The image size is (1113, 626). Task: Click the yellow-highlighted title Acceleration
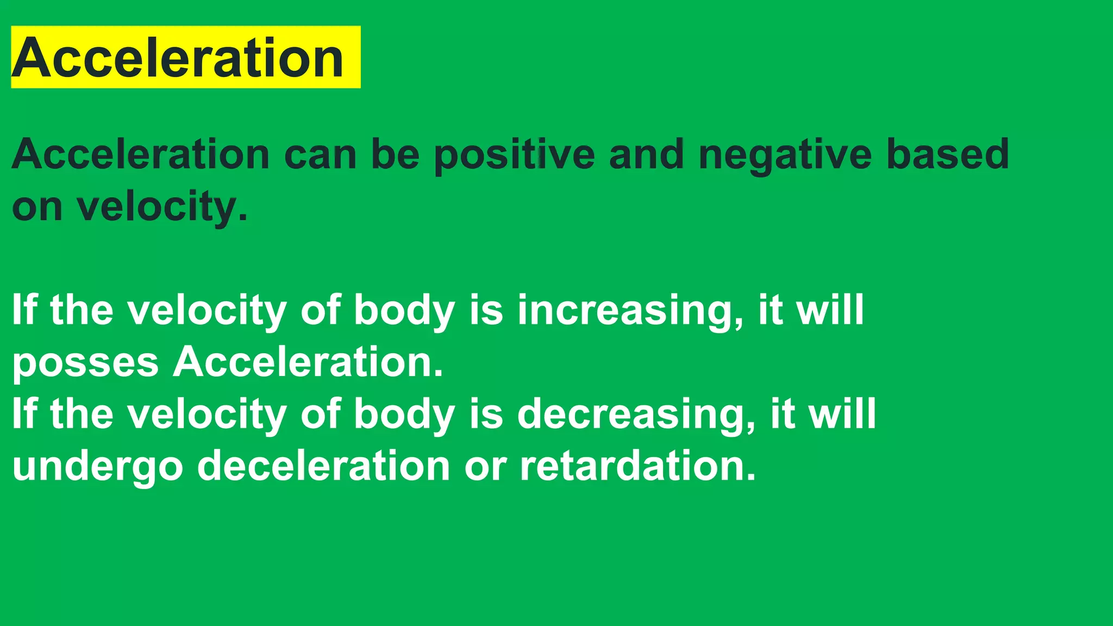[x=178, y=58]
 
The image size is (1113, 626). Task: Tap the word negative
[x=785, y=155]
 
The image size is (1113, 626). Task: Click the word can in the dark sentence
[x=320, y=155]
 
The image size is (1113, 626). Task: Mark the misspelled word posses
[x=85, y=362]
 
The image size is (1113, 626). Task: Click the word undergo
[x=98, y=467]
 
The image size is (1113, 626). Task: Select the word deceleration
[x=323, y=466]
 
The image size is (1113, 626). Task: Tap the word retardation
[x=637, y=466]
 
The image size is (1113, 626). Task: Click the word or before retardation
[x=485, y=467]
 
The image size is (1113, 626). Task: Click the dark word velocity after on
[x=162, y=207]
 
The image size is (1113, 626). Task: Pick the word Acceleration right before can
[x=140, y=155]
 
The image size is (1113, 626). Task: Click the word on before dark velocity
[x=37, y=207]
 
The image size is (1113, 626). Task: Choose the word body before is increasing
[x=404, y=310]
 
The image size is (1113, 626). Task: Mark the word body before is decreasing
[x=404, y=414]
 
